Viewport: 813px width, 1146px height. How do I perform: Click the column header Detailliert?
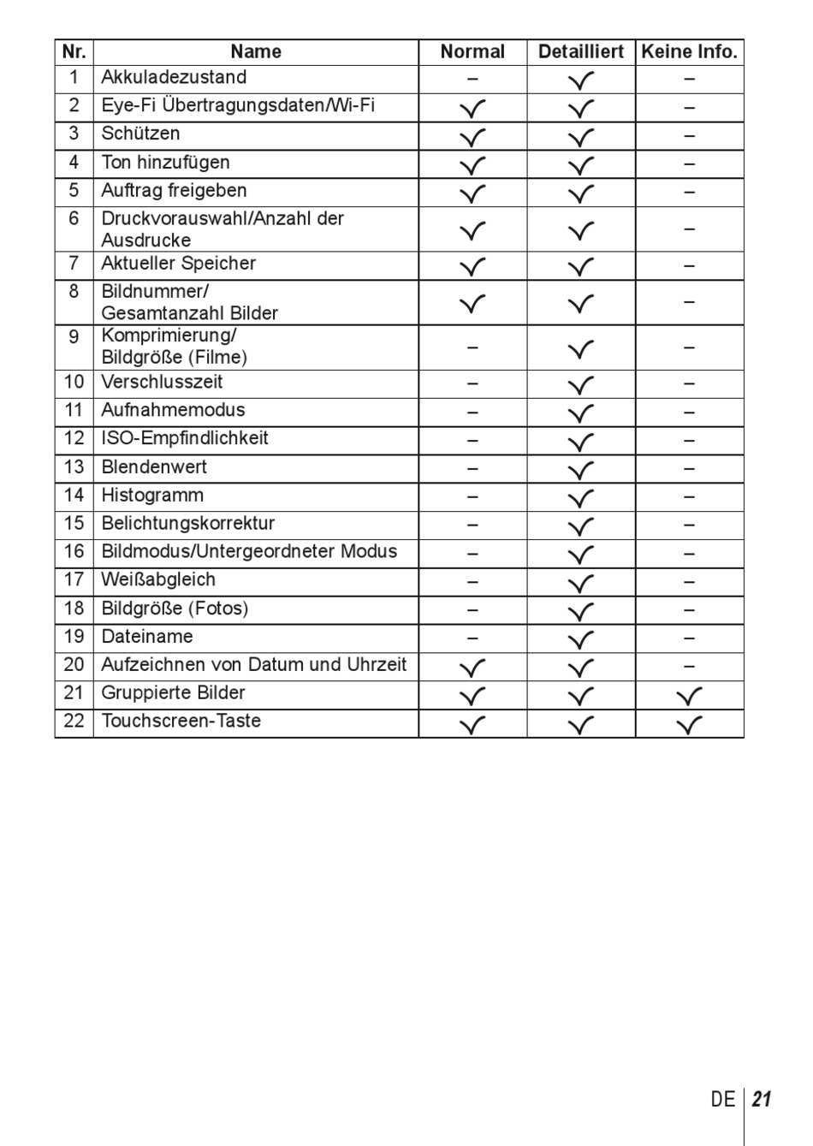click(x=580, y=51)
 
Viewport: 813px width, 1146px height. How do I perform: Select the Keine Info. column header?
click(x=689, y=51)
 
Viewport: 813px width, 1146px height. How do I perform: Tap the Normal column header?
click(x=472, y=51)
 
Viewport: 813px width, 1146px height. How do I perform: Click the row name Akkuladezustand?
click(x=174, y=77)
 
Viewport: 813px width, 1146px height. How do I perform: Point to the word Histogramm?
click(x=152, y=496)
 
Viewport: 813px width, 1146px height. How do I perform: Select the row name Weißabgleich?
click(x=158, y=579)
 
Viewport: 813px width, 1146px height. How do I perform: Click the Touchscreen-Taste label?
click(x=181, y=721)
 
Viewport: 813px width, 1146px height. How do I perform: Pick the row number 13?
click(x=74, y=467)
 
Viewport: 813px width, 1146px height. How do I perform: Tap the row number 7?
click(x=74, y=264)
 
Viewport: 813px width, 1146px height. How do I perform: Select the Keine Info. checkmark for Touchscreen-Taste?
click(x=689, y=725)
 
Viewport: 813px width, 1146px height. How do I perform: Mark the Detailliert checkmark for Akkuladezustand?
click(x=581, y=81)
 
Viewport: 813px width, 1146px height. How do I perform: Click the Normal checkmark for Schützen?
click(x=472, y=137)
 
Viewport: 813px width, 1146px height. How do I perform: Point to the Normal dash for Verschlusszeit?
click(x=472, y=384)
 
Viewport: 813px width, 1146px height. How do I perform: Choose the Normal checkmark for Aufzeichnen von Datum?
click(x=472, y=668)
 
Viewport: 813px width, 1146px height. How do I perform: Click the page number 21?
click(x=763, y=1100)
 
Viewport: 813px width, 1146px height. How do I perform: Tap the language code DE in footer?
click(x=722, y=1100)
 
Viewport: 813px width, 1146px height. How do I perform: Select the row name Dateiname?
click(x=147, y=637)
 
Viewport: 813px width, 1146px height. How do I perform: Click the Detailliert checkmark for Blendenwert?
click(x=581, y=470)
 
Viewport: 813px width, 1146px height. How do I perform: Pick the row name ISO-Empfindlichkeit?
click(x=185, y=438)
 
